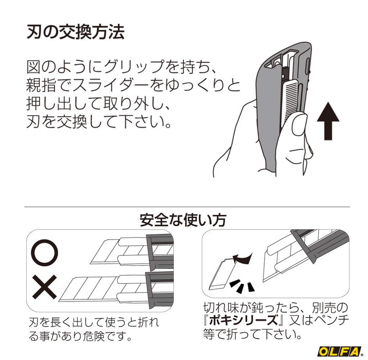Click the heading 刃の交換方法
click(75, 32)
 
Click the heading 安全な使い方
click(183, 220)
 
